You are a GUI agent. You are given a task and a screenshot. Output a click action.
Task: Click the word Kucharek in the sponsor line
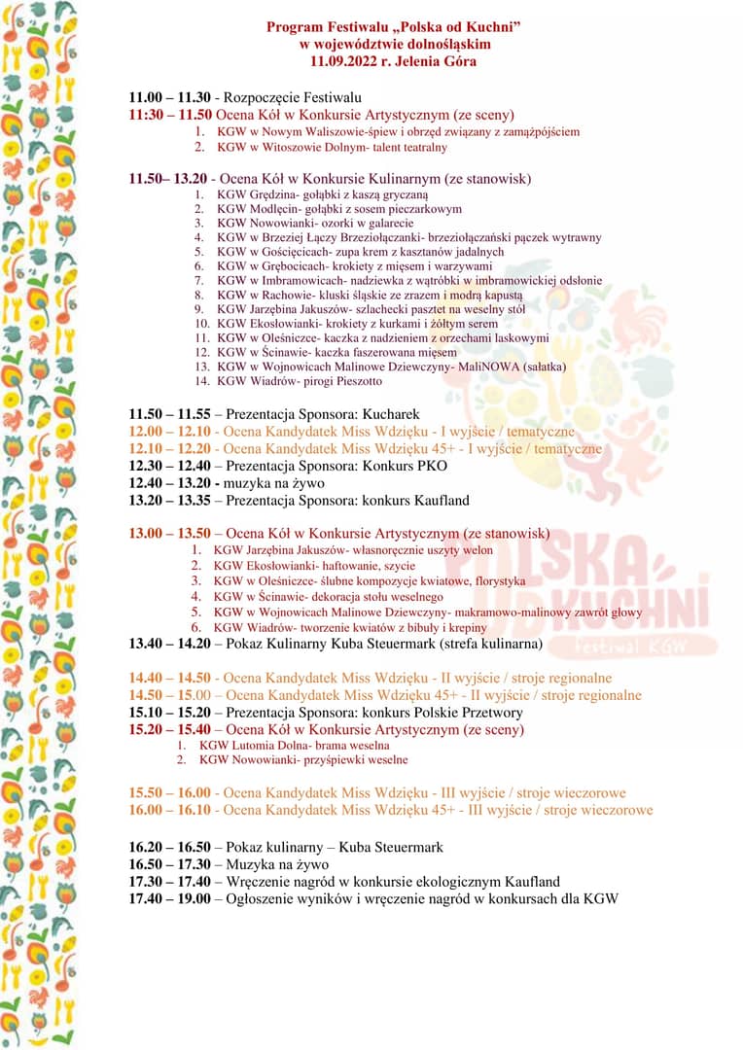pos(397,413)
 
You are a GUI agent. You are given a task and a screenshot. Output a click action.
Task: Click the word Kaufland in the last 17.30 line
pos(527,882)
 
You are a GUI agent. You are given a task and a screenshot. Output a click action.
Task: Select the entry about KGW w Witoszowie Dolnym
pos(332,147)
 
